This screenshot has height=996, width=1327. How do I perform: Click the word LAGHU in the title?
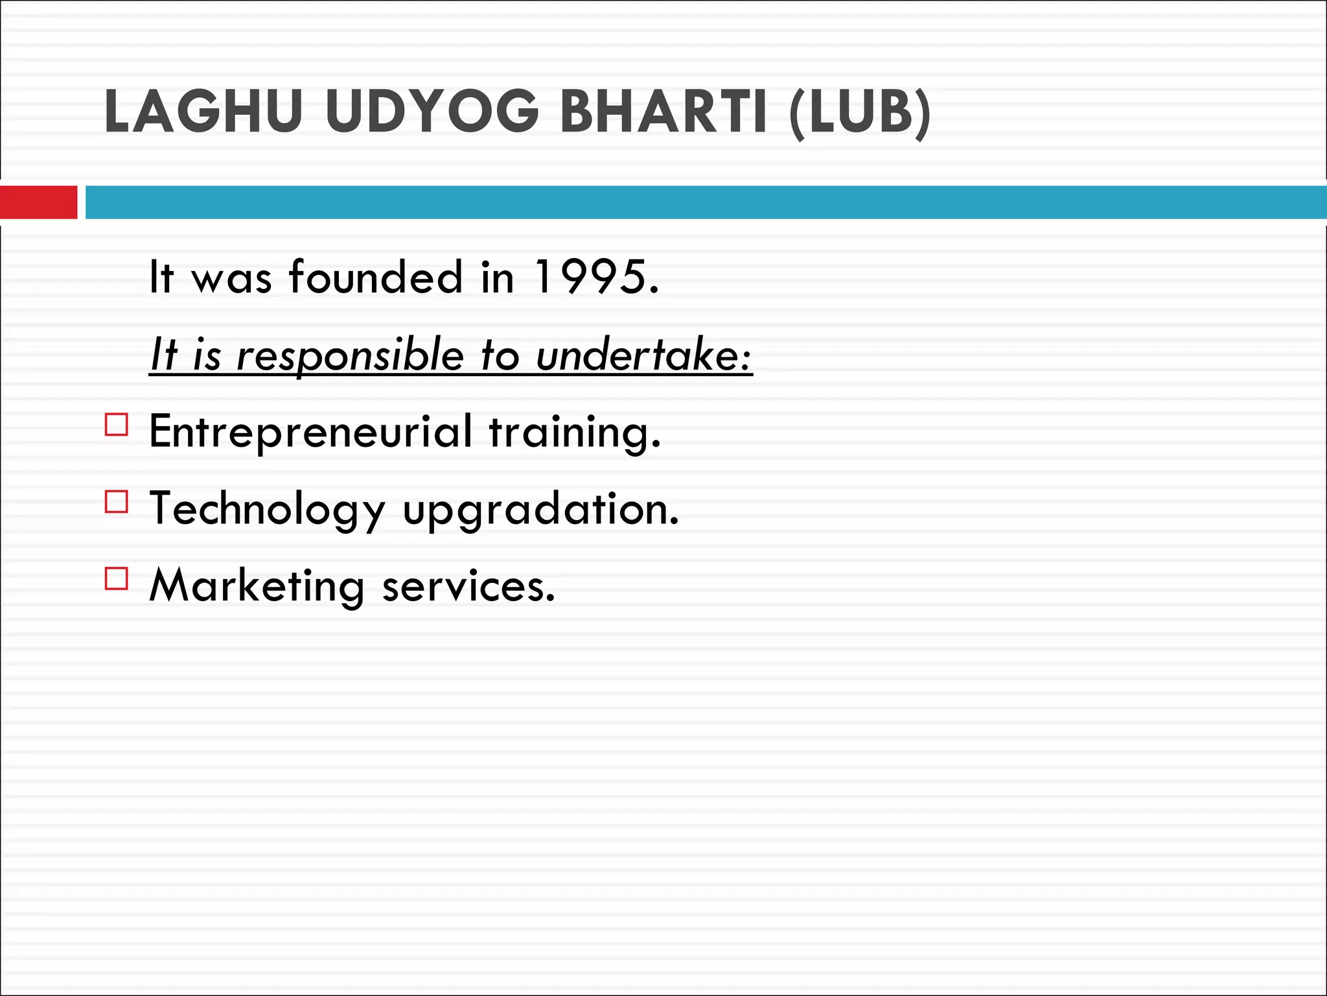(203, 112)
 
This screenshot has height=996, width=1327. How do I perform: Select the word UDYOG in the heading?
(432, 112)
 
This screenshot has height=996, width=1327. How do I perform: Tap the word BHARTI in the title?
(663, 112)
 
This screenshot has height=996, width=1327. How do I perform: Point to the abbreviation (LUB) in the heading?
(860, 113)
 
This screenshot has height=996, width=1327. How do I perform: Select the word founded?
(376, 277)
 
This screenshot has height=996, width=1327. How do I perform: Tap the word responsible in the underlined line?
(351, 356)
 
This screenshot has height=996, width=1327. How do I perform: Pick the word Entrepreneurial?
(310, 432)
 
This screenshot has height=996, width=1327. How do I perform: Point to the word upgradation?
(540, 510)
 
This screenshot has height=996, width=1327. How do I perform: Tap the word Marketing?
(257, 587)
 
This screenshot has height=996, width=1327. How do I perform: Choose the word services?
(468, 587)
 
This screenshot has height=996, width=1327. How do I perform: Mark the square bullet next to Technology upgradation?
(117, 502)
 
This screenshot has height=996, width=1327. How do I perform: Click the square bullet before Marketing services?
(117, 578)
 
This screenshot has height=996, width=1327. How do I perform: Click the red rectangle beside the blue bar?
(38, 202)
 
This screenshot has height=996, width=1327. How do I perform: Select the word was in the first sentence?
(231, 279)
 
